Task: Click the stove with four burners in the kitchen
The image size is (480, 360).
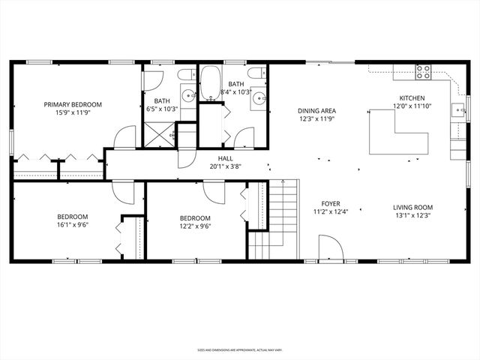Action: tap(424, 72)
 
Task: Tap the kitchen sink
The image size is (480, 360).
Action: tap(457, 110)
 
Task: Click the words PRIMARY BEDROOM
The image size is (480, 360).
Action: tap(73, 104)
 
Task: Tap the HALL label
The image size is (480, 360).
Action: tap(224, 158)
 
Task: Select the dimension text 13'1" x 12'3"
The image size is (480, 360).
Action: tap(412, 216)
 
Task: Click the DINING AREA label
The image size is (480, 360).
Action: tap(316, 110)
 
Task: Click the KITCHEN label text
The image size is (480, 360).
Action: tap(412, 98)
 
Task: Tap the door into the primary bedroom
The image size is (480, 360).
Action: tap(124, 138)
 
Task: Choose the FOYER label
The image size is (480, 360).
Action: tap(331, 204)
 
